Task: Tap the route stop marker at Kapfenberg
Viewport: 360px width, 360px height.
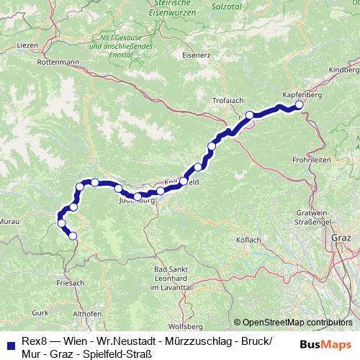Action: [300, 105]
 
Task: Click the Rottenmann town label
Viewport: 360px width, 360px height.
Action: [60, 63]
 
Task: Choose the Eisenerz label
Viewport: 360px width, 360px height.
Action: [196, 55]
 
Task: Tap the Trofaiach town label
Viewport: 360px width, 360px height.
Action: [228, 100]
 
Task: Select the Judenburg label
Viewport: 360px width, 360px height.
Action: [137, 202]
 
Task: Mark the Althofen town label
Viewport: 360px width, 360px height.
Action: [88, 314]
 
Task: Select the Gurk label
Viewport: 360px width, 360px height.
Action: [40, 312]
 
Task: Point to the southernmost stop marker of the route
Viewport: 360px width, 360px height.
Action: [72, 235]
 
